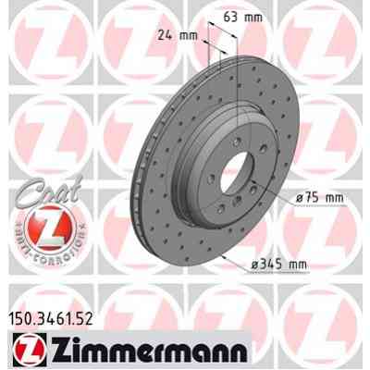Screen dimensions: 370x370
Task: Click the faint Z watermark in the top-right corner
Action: (x=333, y=37)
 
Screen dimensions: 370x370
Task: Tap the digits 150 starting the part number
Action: (x=18, y=319)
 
